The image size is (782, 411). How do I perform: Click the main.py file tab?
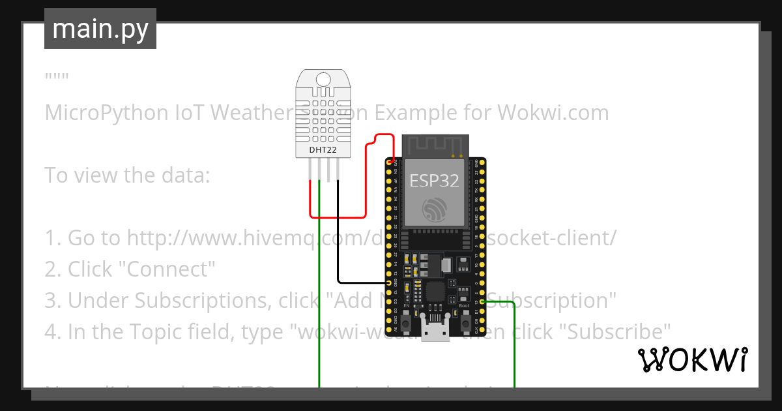tap(100, 29)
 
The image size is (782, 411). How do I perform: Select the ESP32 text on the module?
tap(434, 180)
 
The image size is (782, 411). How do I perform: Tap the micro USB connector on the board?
tap(435, 331)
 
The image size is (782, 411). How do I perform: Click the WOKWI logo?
tap(692, 360)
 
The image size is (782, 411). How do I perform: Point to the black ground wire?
tap(338, 248)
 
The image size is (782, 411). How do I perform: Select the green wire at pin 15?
tap(515, 346)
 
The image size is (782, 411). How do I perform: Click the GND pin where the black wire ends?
tap(389, 283)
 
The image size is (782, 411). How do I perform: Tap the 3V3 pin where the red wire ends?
tap(390, 161)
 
